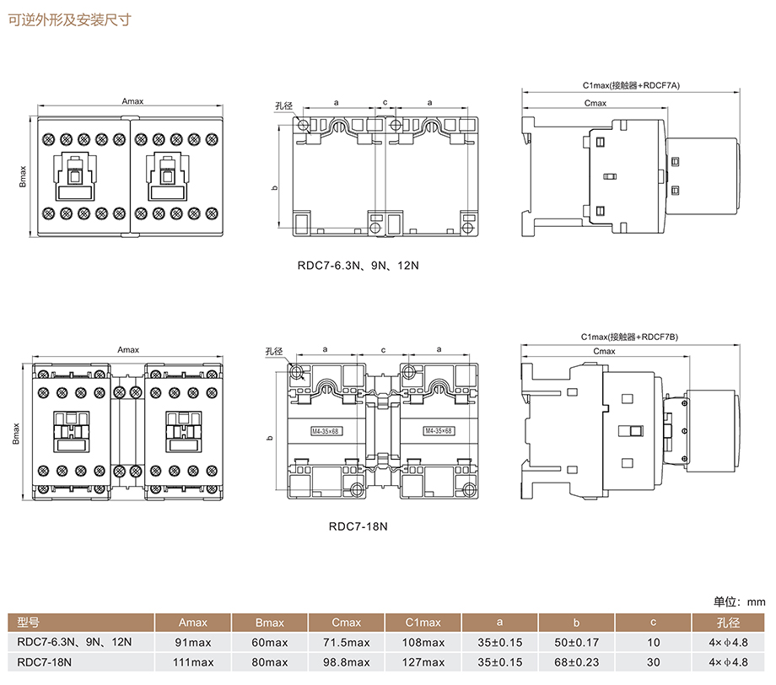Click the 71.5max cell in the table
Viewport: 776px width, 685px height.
coord(346,642)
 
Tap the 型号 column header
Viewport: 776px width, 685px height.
coord(29,623)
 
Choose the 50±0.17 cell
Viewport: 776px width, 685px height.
coord(576,642)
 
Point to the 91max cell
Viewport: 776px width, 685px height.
coord(192,642)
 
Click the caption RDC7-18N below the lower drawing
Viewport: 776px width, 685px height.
coord(358,526)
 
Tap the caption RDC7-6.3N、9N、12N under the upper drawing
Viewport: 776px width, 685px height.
coord(358,265)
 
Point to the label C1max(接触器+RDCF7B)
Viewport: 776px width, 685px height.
coord(629,337)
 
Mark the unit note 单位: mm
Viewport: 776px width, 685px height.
coord(739,601)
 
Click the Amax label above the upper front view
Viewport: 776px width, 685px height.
coord(132,101)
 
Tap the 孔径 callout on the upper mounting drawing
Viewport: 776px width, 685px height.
coord(283,106)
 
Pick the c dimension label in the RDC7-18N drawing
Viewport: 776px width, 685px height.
coord(383,349)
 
